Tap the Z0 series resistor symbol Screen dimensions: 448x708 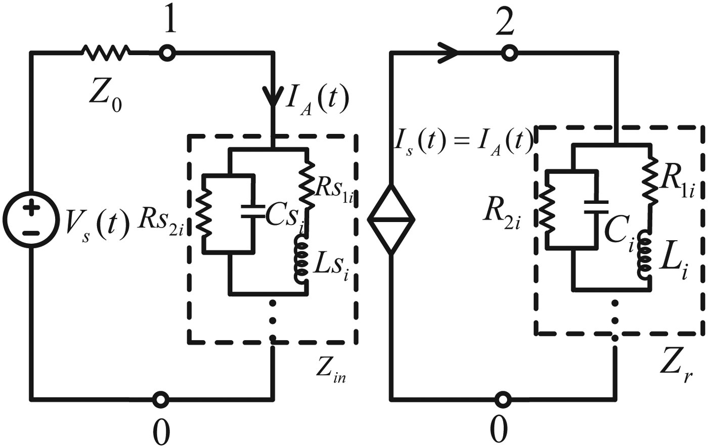coord(105,52)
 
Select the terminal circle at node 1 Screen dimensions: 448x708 coord(166,52)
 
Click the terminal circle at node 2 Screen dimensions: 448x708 coord(508,52)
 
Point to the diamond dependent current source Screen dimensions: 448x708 coord(391,219)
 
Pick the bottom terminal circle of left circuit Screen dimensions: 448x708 coord(160,399)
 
